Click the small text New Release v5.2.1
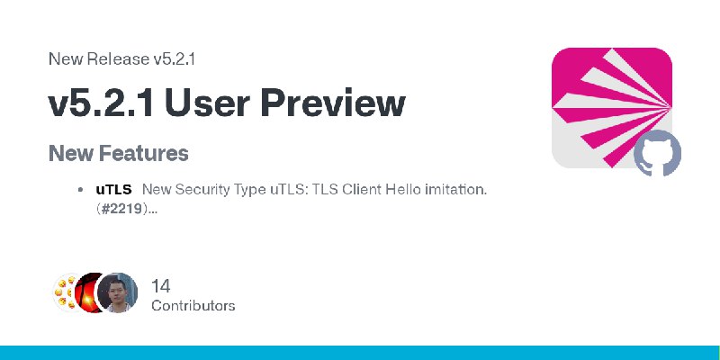click(121, 58)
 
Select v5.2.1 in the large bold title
click(101, 103)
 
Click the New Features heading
click(119, 153)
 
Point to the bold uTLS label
click(114, 189)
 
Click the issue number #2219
click(121, 209)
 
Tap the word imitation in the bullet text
click(455, 189)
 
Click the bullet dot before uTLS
click(81, 190)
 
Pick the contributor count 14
click(161, 286)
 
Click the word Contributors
click(193, 306)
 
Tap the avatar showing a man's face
click(118, 293)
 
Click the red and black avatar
click(87, 293)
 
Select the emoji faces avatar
click(64, 293)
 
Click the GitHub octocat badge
click(657, 153)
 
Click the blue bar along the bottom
click(360, 353)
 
